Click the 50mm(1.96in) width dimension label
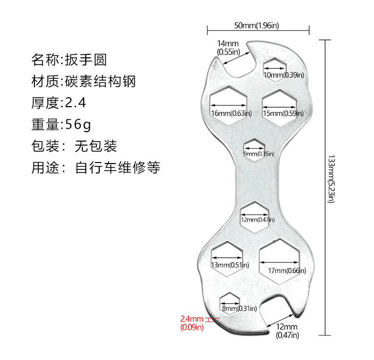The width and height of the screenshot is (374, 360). pyautogui.click(x=256, y=25)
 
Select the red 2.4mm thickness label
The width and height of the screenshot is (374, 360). pyautogui.click(x=192, y=322)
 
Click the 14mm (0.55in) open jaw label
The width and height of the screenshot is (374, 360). pyautogui.click(x=228, y=47)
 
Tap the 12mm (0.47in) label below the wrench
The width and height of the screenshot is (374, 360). pyautogui.click(x=287, y=331)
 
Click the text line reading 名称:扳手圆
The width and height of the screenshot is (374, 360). pyautogui.click(x=69, y=60)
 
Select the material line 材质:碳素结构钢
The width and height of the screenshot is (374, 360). pyautogui.click(x=83, y=81)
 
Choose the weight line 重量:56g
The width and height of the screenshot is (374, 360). pyautogui.click(x=61, y=124)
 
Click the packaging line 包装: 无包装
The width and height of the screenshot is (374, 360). pyautogui.click(x=74, y=146)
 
